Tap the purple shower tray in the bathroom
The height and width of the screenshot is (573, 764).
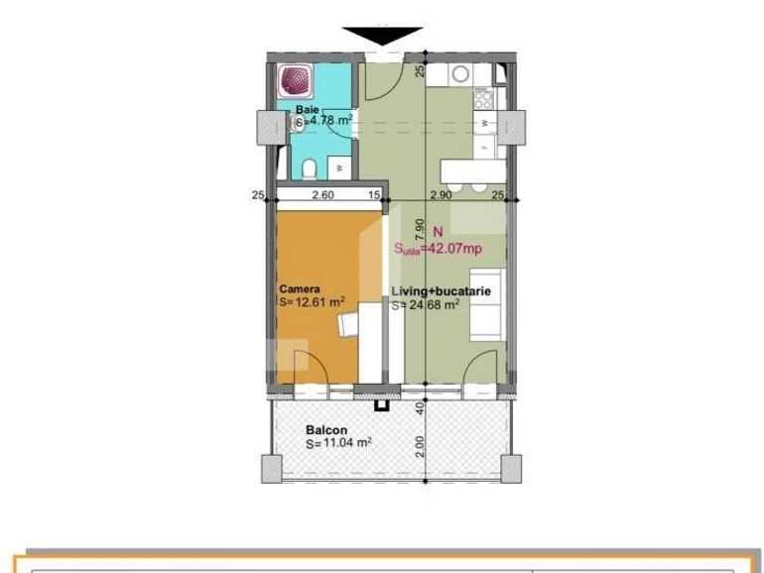click(x=295, y=78)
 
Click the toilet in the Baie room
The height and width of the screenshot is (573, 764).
click(x=311, y=168)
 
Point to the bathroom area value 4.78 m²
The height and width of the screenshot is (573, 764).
click(x=330, y=120)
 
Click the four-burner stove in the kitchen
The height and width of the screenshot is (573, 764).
click(x=484, y=97)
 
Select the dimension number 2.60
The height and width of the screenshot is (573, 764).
click(x=321, y=195)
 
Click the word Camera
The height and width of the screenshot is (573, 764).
click(x=299, y=289)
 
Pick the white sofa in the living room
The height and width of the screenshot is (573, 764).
click(x=487, y=303)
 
